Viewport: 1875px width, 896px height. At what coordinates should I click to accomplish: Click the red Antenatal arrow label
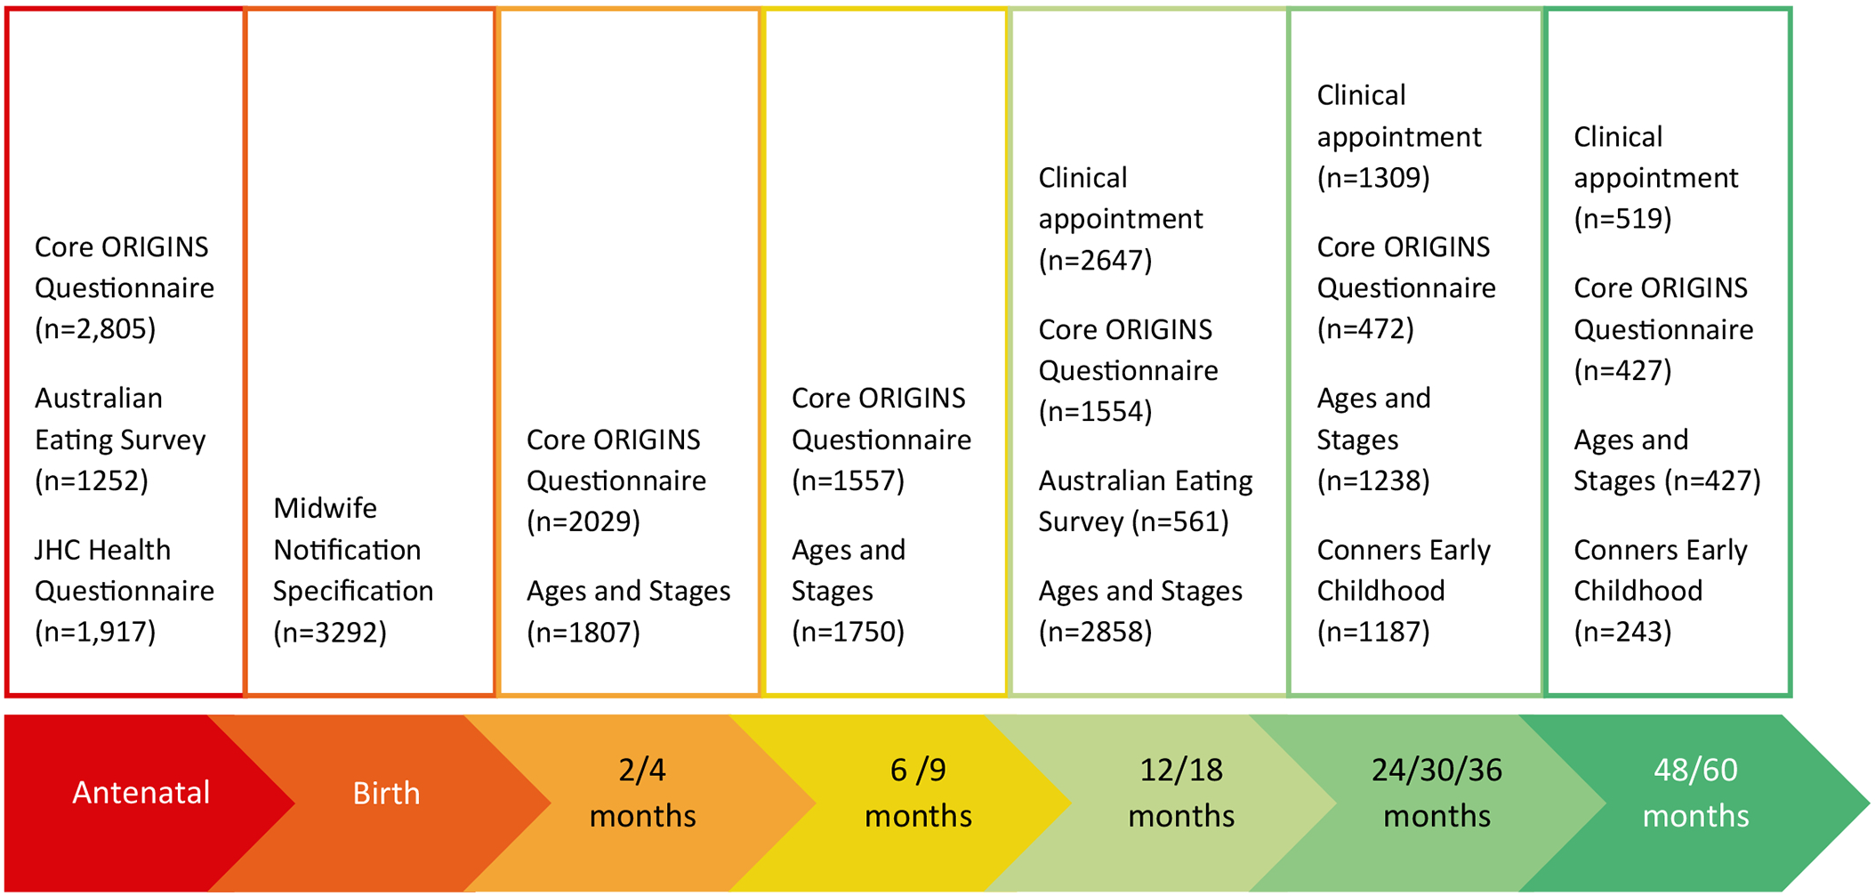pyautogui.click(x=141, y=792)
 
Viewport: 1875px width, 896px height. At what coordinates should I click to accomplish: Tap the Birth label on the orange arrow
pyautogui.click(x=386, y=792)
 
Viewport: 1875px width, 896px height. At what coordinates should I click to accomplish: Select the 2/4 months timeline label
pyautogui.click(x=642, y=792)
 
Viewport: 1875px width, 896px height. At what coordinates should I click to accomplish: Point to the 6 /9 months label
pyautogui.click(x=918, y=792)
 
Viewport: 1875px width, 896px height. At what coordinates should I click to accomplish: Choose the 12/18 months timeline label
pyautogui.click(x=1181, y=792)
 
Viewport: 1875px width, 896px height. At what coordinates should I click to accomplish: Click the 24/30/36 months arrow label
pyautogui.click(x=1436, y=792)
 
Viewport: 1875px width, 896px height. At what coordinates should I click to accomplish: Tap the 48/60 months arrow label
pyautogui.click(x=1695, y=792)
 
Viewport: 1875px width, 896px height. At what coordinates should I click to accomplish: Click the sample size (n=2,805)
pyautogui.click(x=95, y=329)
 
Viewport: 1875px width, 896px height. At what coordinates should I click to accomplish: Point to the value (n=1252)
pyautogui.click(x=91, y=480)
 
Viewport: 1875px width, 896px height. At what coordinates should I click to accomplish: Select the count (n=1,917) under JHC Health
pyautogui.click(x=95, y=632)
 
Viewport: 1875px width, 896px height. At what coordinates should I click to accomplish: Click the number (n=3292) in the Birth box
pyautogui.click(x=330, y=632)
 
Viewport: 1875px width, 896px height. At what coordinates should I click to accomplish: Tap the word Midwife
pyautogui.click(x=325, y=508)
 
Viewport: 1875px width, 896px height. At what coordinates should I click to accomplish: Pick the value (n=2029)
pyautogui.click(x=583, y=521)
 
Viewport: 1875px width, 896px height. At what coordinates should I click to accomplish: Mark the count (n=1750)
pyautogui.click(x=848, y=632)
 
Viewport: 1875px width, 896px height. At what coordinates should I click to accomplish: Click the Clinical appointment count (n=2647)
pyautogui.click(x=1095, y=260)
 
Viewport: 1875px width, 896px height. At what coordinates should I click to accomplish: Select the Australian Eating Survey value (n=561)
pyautogui.click(x=1181, y=521)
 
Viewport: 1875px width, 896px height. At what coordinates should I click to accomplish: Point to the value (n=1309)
pyautogui.click(x=1373, y=178)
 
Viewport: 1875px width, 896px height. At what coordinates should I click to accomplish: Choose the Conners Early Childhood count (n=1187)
pyautogui.click(x=1373, y=632)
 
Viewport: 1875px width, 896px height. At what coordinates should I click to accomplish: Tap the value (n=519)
pyautogui.click(x=1622, y=219)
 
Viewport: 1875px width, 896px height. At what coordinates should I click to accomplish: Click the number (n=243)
pyautogui.click(x=1622, y=632)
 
